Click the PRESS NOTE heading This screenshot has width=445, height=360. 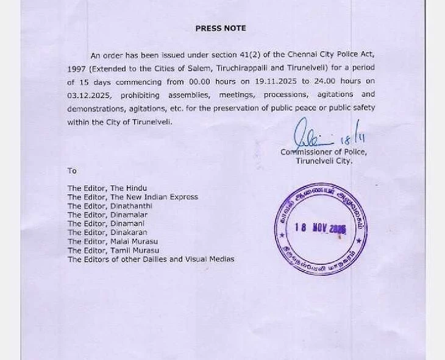pyautogui.click(x=220, y=28)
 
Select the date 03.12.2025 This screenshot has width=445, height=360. pyautogui.click(x=87, y=94)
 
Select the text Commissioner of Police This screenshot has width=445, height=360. pyautogui.click(x=323, y=152)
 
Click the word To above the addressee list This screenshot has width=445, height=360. pyautogui.click(x=72, y=171)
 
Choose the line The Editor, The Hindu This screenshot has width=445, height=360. pyautogui.click(x=107, y=188)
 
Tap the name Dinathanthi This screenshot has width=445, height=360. pyautogui.click(x=131, y=206)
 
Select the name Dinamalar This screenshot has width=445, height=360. pyautogui.click(x=129, y=214)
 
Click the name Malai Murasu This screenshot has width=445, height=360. pyautogui.click(x=135, y=241)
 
